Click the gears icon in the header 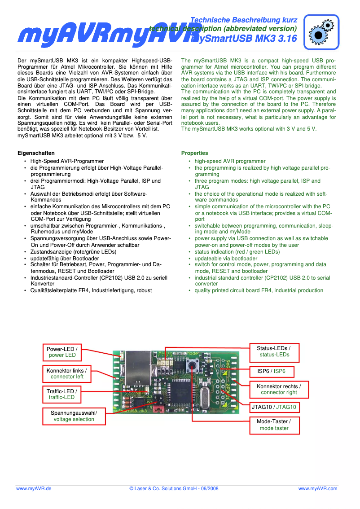click(321, 31)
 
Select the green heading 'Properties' click(194, 153)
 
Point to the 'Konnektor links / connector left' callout click(67, 373)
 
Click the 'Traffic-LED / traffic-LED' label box click(62, 394)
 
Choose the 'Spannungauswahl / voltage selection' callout click(74, 416)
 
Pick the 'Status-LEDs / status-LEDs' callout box click(274, 351)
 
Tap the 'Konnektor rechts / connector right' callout click(279, 389)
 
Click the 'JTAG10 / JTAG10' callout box click(274, 408)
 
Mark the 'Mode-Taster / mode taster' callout click(274, 425)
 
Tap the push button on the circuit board click(194, 364)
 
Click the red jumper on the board click(158, 409)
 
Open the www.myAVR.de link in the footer click(34, 488)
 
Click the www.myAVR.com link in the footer click(318, 488)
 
